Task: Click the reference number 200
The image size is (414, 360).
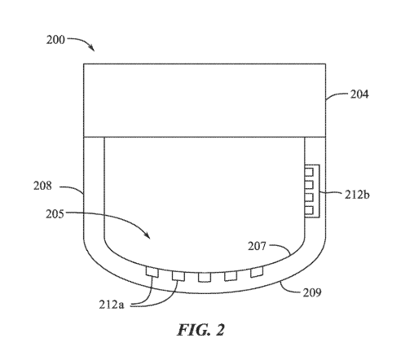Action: pyautogui.click(x=55, y=40)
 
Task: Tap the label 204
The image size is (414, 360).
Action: pyautogui.click(x=359, y=94)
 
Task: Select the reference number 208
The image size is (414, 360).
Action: pyautogui.click(x=42, y=186)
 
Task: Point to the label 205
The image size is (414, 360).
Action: pyautogui.click(x=55, y=214)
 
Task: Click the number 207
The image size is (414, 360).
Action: pyautogui.click(x=257, y=246)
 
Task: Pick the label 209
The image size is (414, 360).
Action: pyautogui.click(x=312, y=292)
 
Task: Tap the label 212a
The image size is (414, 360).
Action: pyautogui.click(x=112, y=305)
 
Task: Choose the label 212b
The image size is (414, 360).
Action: pyautogui.click(x=357, y=195)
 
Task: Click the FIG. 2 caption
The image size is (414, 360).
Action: pyautogui.click(x=201, y=330)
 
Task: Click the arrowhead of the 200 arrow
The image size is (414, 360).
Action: pyautogui.click(x=93, y=49)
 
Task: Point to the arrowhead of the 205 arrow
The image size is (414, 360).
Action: pyautogui.click(x=148, y=235)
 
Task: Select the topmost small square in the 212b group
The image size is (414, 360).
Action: pyautogui.click(x=309, y=172)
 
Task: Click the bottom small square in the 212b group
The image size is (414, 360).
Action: pyautogui.click(x=309, y=210)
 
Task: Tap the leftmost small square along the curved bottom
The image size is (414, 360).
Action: pyautogui.click(x=152, y=272)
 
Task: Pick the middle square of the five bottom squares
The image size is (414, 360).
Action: pyautogui.click(x=205, y=277)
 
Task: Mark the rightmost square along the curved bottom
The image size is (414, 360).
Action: pyautogui.click(x=257, y=272)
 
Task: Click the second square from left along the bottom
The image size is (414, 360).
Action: pyautogui.click(x=178, y=276)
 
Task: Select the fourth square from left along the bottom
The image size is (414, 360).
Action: pyautogui.click(x=231, y=276)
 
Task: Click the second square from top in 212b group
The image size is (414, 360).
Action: pyautogui.click(x=309, y=185)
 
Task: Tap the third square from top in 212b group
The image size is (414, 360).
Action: pyautogui.click(x=309, y=198)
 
